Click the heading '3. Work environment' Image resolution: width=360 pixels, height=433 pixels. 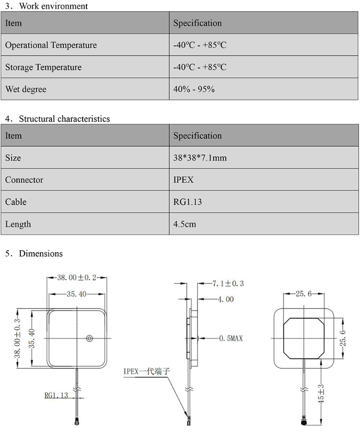click(x=46, y=6)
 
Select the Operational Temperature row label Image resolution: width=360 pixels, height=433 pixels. click(x=51, y=45)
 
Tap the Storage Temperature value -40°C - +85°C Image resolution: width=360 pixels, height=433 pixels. click(x=200, y=68)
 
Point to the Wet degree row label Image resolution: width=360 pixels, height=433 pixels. click(x=26, y=89)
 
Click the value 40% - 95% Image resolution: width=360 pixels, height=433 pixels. click(x=194, y=89)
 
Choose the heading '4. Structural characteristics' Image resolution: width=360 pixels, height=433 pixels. click(x=57, y=119)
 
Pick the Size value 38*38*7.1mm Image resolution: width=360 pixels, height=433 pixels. click(x=200, y=158)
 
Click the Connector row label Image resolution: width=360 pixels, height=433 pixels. click(x=24, y=180)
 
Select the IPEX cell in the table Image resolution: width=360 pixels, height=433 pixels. click(x=183, y=180)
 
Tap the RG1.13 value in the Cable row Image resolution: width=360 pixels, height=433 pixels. click(x=188, y=202)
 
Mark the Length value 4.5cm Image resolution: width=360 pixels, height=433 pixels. click(x=185, y=224)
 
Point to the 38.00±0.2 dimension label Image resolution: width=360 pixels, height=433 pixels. click(x=77, y=278)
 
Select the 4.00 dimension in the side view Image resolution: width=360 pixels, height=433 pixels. click(x=225, y=299)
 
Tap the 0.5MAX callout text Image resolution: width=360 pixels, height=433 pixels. click(x=231, y=339)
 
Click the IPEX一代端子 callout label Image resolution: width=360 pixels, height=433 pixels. click(x=147, y=371)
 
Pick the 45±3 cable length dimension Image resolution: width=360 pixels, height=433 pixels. click(x=321, y=393)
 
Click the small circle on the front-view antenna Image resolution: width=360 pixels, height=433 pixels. click(x=89, y=339)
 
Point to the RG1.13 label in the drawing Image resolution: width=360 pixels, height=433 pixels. click(x=56, y=395)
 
